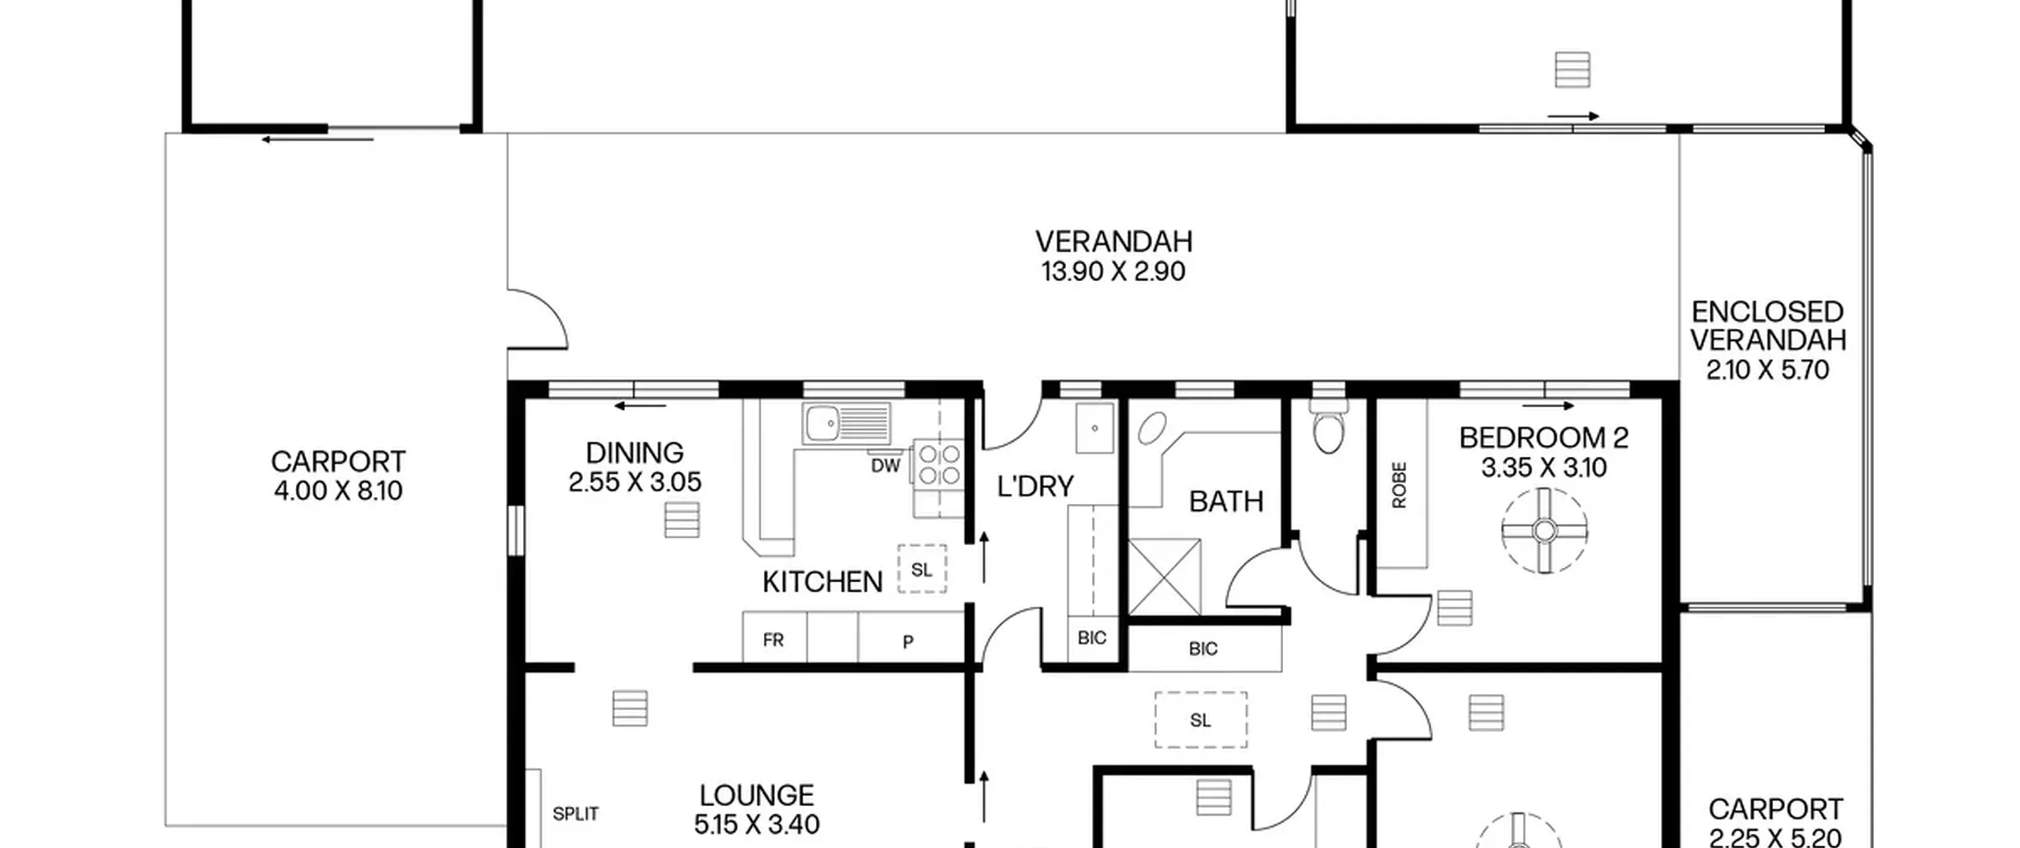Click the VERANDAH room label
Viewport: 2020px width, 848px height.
[x=1113, y=241]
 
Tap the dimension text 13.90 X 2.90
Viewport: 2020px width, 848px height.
[x=1113, y=271]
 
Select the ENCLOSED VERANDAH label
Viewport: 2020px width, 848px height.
[x=1767, y=326]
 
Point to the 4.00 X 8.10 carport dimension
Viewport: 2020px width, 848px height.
[x=338, y=491]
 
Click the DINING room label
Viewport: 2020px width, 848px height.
[x=634, y=453]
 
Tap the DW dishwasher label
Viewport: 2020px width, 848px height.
[x=885, y=466]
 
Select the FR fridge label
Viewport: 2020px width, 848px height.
[x=773, y=640]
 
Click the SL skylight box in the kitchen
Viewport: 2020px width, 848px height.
[x=922, y=569]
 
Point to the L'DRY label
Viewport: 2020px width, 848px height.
[x=1035, y=487]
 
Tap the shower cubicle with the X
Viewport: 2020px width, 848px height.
[x=1165, y=577]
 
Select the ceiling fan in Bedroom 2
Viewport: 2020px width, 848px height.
[x=1544, y=531]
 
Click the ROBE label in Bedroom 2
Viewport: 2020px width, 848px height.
[x=1399, y=485]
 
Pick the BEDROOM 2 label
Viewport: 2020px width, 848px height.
[x=1543, y=438]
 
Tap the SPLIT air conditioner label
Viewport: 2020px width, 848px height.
[x=575, y=813]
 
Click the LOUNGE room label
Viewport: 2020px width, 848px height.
[x=757, y=795]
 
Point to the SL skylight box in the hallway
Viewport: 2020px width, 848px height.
[x=1201, y=719]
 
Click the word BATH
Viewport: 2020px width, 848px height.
[x=1226, y=502]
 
